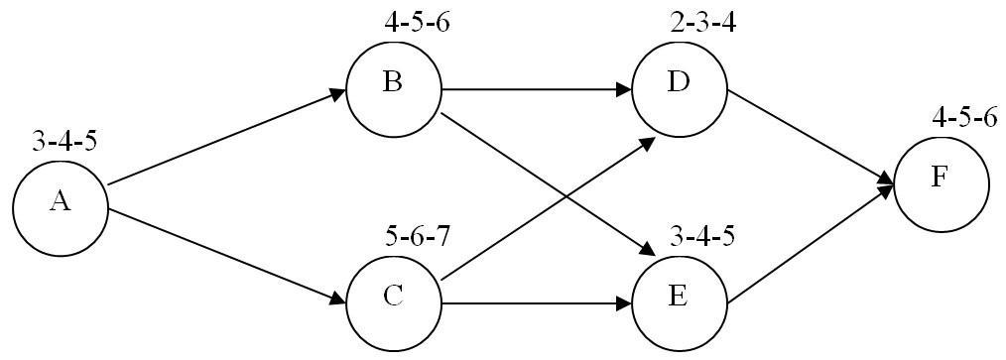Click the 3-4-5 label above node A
64,141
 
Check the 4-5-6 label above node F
964,118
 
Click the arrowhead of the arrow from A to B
336,92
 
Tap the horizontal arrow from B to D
536,89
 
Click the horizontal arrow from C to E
536,302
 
